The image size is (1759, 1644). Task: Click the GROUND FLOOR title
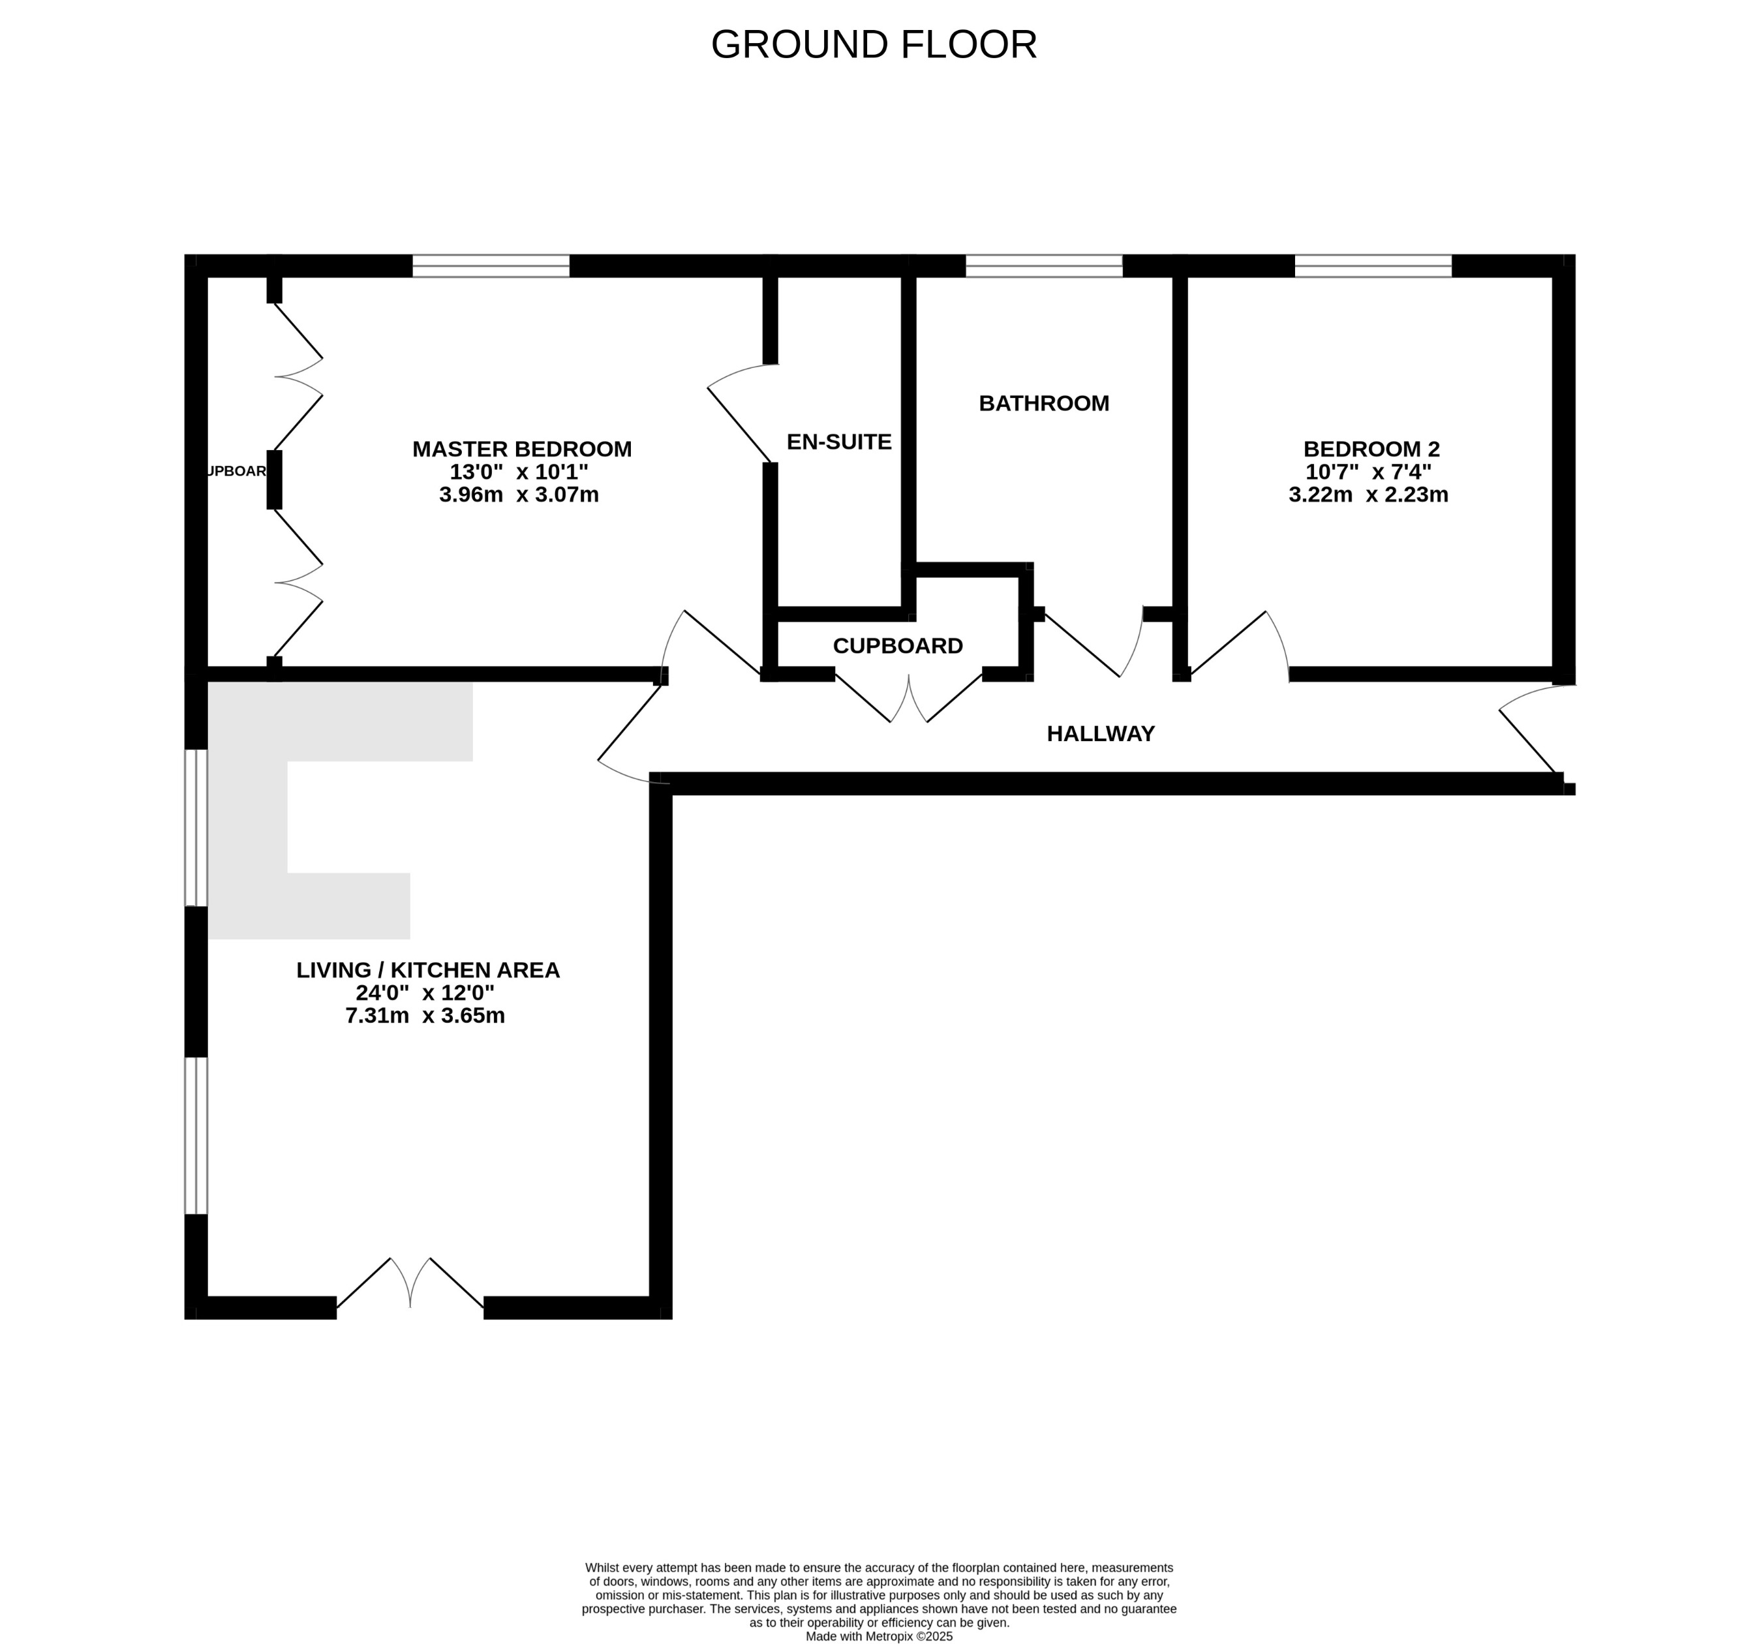pyautogui.click(x=874, y=44)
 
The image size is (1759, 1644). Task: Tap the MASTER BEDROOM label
pyautogui.click(x=522, y=449)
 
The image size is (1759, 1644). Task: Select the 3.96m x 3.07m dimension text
pyautogui.click(x=519, y=495)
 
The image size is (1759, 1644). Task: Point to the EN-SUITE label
pyautogui.click(x=839, y=442)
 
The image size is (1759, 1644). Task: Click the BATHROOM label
pyautogui.click(x=1043, y=403)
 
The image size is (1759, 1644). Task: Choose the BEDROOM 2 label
pyautogui.click(x=1371, y=449)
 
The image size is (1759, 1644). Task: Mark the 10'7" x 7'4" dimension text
pyautogui.click(x=1368, y=472)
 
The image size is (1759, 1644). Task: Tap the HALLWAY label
pyautogui.click(x=1100, y=733)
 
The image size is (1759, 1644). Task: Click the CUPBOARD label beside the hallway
pyautogui.click(x=897, y=646)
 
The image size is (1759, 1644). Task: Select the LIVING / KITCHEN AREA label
pyautogui.click(x=427, y=970)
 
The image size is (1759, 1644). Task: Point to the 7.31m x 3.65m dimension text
pyautogui.click(x=425, y=1016)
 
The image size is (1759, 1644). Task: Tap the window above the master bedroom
pyautogui.click(x=491, y=266)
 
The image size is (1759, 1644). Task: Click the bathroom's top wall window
pyautogui.click(x=1043, y=266)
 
